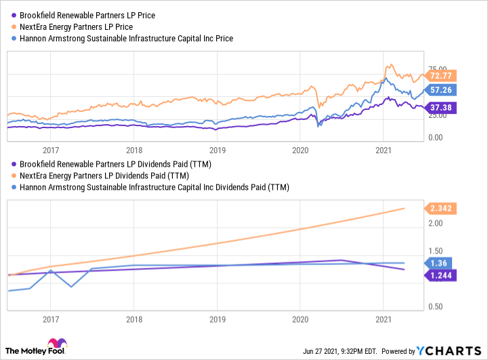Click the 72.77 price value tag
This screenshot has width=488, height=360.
(441, 76)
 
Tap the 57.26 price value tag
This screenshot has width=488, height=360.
(441, 89)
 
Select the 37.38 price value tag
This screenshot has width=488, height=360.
(441, 107)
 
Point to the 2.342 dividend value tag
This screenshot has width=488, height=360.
(441, 209)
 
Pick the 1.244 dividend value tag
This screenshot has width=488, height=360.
(441, 275)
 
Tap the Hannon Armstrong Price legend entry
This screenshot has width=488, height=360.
(122, 39)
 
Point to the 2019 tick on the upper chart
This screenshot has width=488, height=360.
(217, 150)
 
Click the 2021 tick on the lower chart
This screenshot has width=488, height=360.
(384, 318)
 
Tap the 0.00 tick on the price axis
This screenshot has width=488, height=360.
(438, 138)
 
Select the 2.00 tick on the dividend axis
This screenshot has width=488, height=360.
(437, 223)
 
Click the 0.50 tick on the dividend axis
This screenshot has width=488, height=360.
(437, 307)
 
